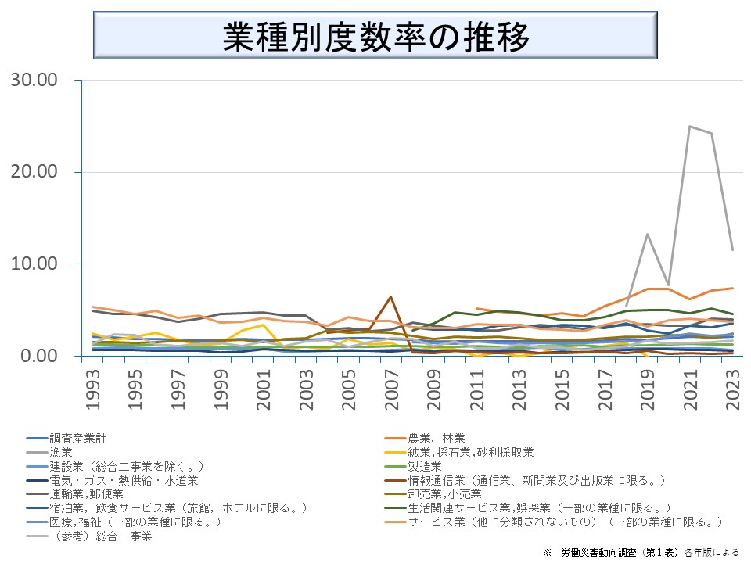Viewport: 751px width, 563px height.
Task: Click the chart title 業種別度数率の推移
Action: [x=375, y=36]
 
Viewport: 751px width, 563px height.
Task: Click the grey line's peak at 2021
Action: [x=690, y=126]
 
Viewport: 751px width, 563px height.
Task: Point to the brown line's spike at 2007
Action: [x=390, y=297]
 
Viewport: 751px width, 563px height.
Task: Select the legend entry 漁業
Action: [x=61, y=452]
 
